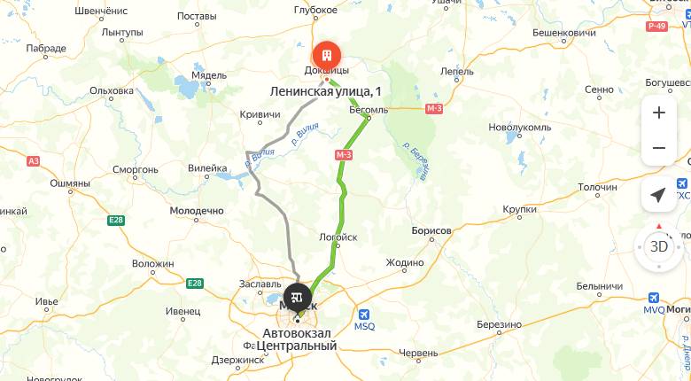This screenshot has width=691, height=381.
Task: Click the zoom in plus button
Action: click(x=658, y=113)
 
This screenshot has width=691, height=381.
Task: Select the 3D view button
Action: click(x=659, y=246)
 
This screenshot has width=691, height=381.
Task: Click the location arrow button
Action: click(x=658, y=195)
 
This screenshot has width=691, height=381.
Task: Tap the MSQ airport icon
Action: click(x=364, y=314)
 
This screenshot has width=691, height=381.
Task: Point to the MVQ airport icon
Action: click(x=654, y=298)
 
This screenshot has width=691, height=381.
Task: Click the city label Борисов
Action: click(x=431, y=230)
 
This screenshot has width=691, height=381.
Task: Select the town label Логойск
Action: click(x=338, y=237)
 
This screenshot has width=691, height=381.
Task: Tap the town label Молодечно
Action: click(x=196, y=211)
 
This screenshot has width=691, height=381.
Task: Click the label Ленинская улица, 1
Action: click(x=326, y=91)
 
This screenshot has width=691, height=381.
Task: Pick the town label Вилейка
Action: click(x=208, y=167)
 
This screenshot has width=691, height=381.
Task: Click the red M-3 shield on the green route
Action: click(x=345, y=155)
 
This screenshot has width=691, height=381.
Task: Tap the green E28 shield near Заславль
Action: click(x=195, y=283)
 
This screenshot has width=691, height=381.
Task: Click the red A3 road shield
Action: click(x=34, y=160)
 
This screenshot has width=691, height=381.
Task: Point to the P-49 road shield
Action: click(x=656, y=27)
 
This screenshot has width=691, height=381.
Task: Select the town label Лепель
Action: click(x=457, y=71)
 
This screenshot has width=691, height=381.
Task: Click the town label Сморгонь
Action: click(x=136, y=168)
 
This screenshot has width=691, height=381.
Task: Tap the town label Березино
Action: click(x=498, y=324)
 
